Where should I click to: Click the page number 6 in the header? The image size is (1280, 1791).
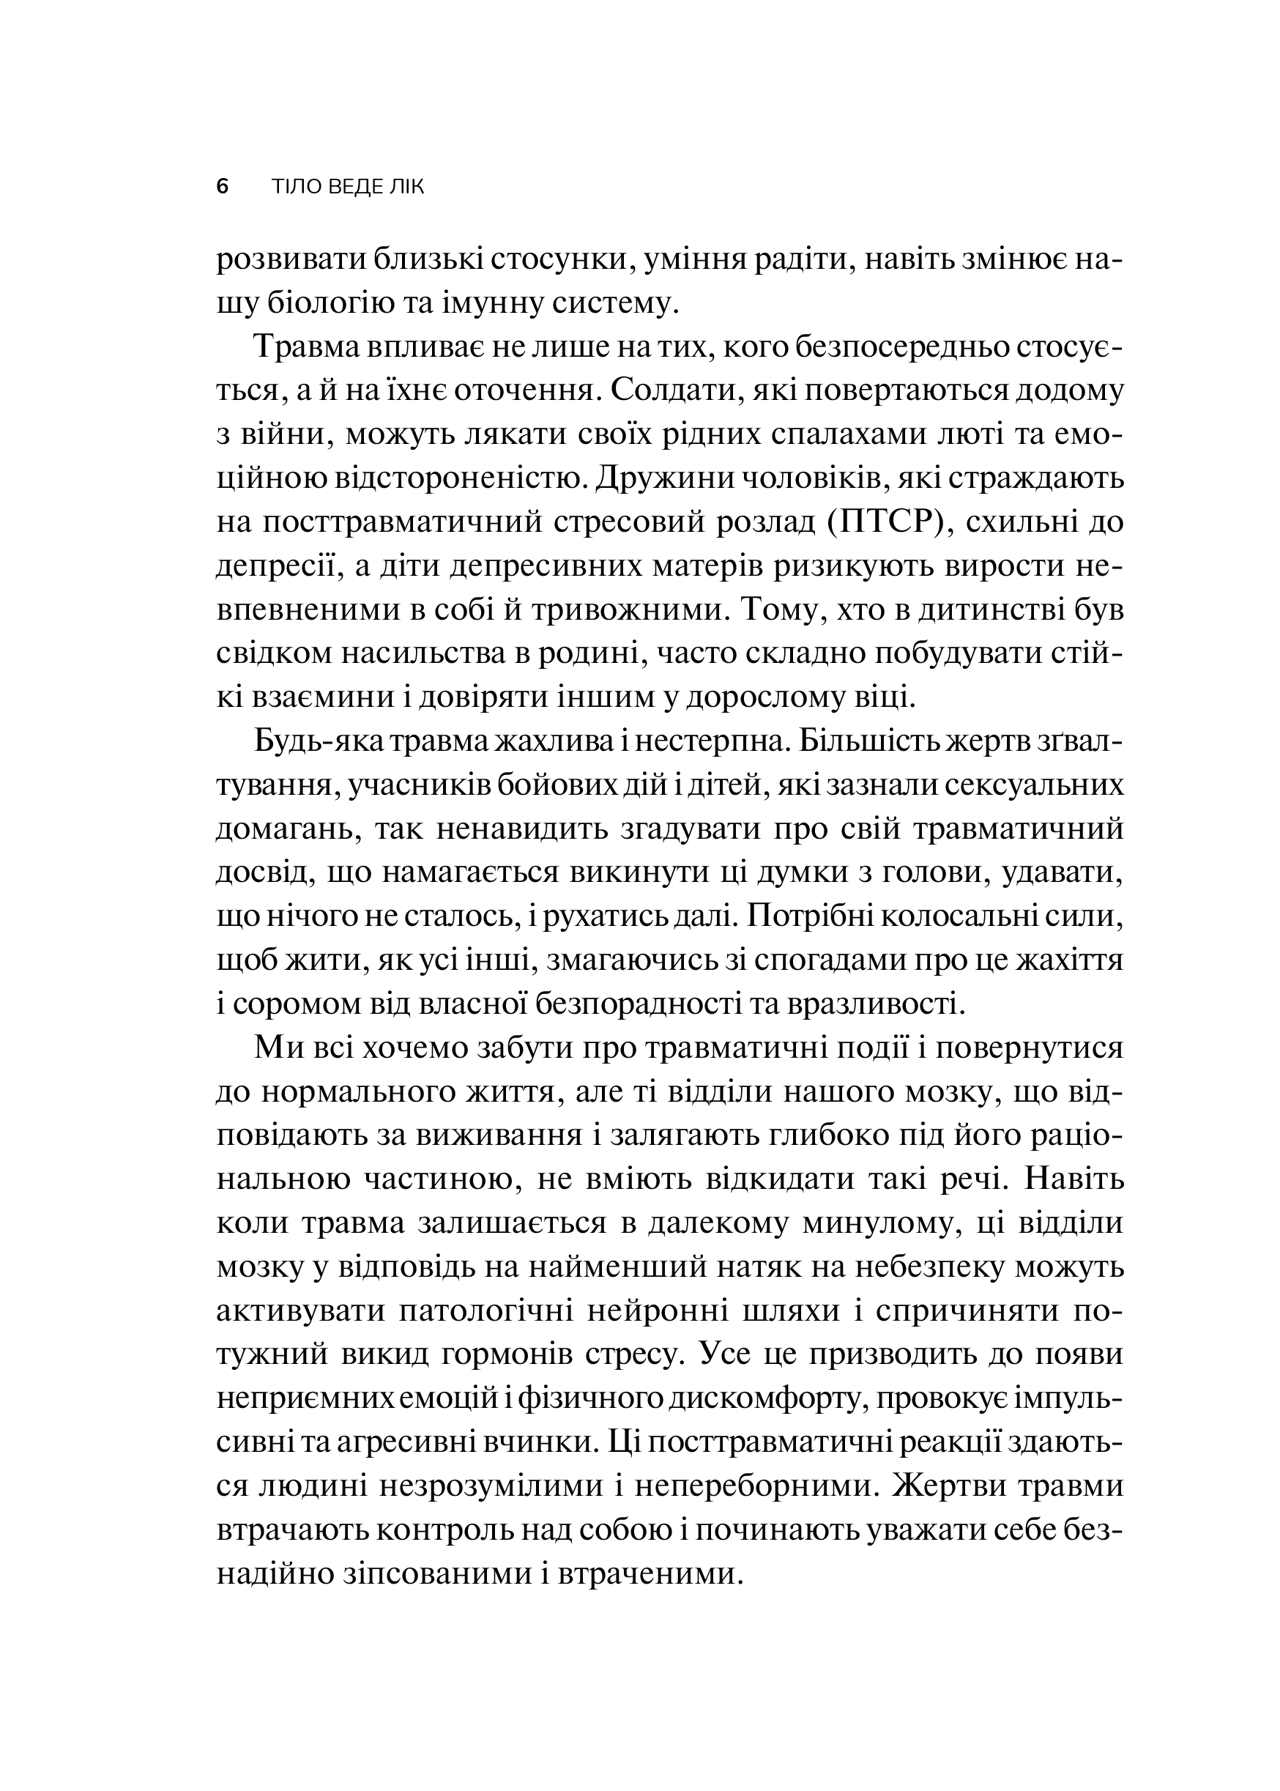223,188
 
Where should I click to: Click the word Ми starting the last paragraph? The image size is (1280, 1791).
272,1049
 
